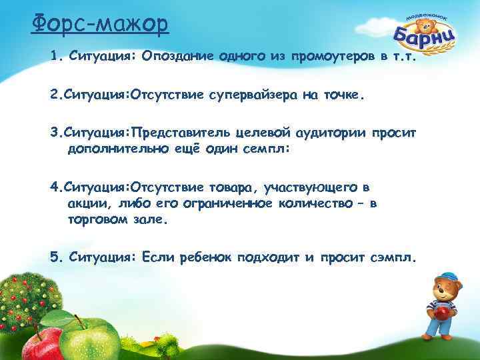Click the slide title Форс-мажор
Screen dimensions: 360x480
point(100,25)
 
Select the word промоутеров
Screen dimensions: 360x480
point(327,57)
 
